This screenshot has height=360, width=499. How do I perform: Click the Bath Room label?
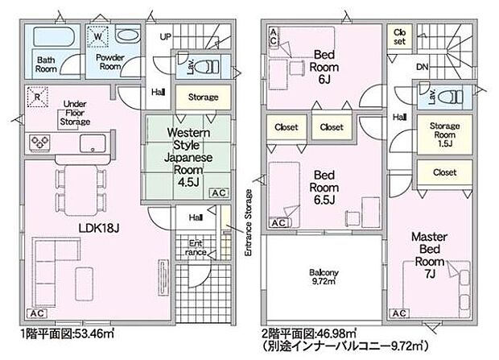(46, 63)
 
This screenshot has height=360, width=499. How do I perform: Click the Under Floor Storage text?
(74, 113)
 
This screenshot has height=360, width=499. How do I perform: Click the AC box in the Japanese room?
(218, 193)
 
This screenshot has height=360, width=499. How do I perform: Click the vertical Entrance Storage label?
(249, 226)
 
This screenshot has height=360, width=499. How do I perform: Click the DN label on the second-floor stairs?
(422, 67)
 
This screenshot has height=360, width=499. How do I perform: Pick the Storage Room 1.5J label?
(444, 132)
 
